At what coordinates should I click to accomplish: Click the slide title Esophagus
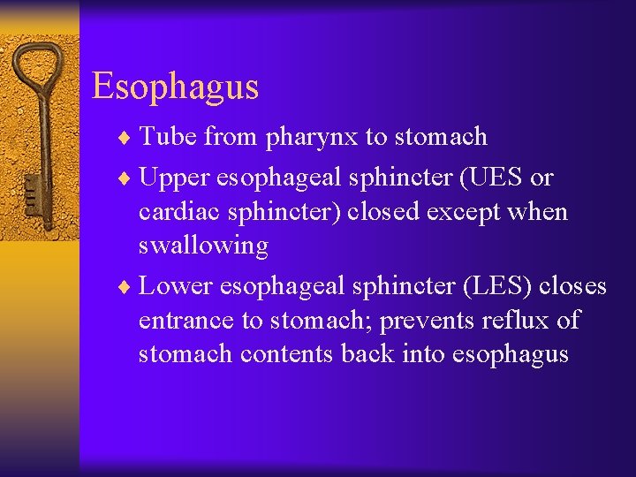click(175, 87)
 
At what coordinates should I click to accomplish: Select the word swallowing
click(203, 246)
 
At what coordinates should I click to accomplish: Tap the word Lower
click(176, 287)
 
